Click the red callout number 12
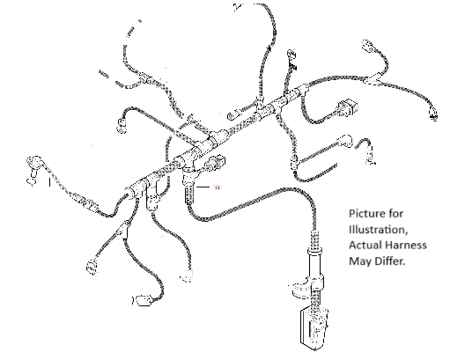tap(218, 187)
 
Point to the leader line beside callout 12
tap(203, 187)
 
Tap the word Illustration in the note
tap(379, 230)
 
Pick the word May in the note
tap(358, 261)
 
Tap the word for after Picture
tap(395, 214)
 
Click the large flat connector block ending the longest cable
tap(314, 328)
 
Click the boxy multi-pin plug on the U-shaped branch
tap(348, 108)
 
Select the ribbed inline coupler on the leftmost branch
tap(85, 202)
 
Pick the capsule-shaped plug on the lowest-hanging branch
tap(144, 300)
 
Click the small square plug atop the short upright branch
tap(292, 55)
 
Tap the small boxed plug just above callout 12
tap(218, 162)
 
